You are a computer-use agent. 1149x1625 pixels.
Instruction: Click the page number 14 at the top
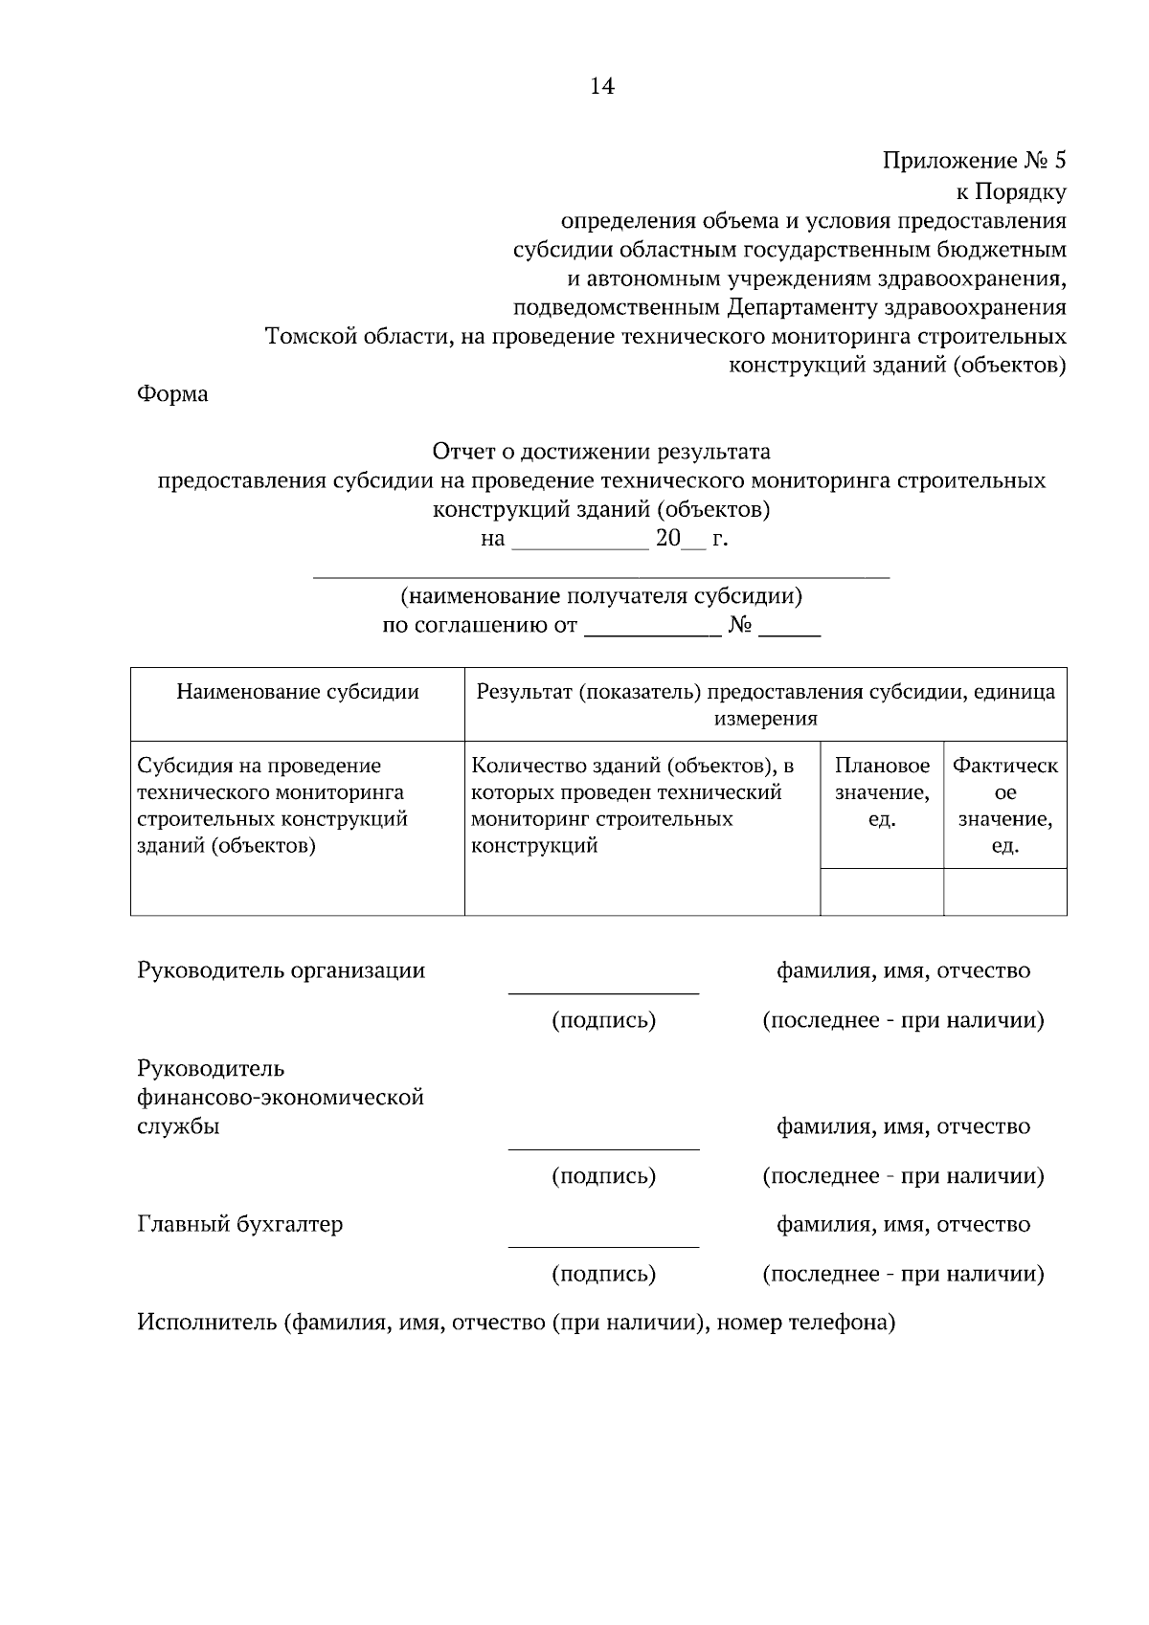[601, 87]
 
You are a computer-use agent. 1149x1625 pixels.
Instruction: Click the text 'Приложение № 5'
[974, 161]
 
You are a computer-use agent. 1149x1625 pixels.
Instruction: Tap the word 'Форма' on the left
[173, 393]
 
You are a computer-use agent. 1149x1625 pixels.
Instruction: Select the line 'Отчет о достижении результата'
[601, 451]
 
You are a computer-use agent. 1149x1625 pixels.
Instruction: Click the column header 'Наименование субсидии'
[298, 692]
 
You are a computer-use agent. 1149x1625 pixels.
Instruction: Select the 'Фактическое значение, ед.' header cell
[1005, 805]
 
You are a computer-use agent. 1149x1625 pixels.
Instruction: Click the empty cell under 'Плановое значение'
[882, 892]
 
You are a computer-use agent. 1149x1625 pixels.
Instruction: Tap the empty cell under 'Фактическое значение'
[1005, 892]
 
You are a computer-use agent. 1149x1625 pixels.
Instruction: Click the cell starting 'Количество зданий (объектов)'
[642, 805]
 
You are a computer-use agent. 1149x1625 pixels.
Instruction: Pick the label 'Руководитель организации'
[282, 970]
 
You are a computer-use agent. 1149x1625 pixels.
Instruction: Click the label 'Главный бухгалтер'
[240, 1224]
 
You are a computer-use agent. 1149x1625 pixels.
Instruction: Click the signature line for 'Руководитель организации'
[603, 991]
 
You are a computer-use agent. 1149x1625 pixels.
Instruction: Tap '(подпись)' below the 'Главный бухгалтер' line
[603, 1274]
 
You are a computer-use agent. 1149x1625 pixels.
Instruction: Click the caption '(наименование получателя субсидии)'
[601, 597]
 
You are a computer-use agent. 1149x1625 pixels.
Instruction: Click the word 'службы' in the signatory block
[179, 1126]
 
